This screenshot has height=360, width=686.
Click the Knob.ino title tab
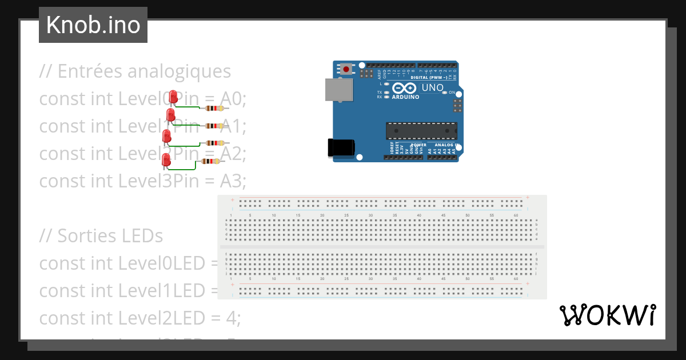tap(93, 25)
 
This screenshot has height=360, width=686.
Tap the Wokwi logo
tap(607, 315)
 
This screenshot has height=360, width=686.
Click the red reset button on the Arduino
tap(346, 69)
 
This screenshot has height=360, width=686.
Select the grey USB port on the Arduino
tap(339, 90)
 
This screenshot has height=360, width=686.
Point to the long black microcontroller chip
tap(421, 131)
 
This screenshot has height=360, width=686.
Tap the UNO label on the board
tap(432, 88)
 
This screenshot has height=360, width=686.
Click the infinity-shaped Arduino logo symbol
tap(404, 88)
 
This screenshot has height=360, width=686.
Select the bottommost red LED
tap(166, 160)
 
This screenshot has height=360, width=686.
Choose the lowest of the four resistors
tap(210, 162)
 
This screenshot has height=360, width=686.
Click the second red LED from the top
tap(170, 116)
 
